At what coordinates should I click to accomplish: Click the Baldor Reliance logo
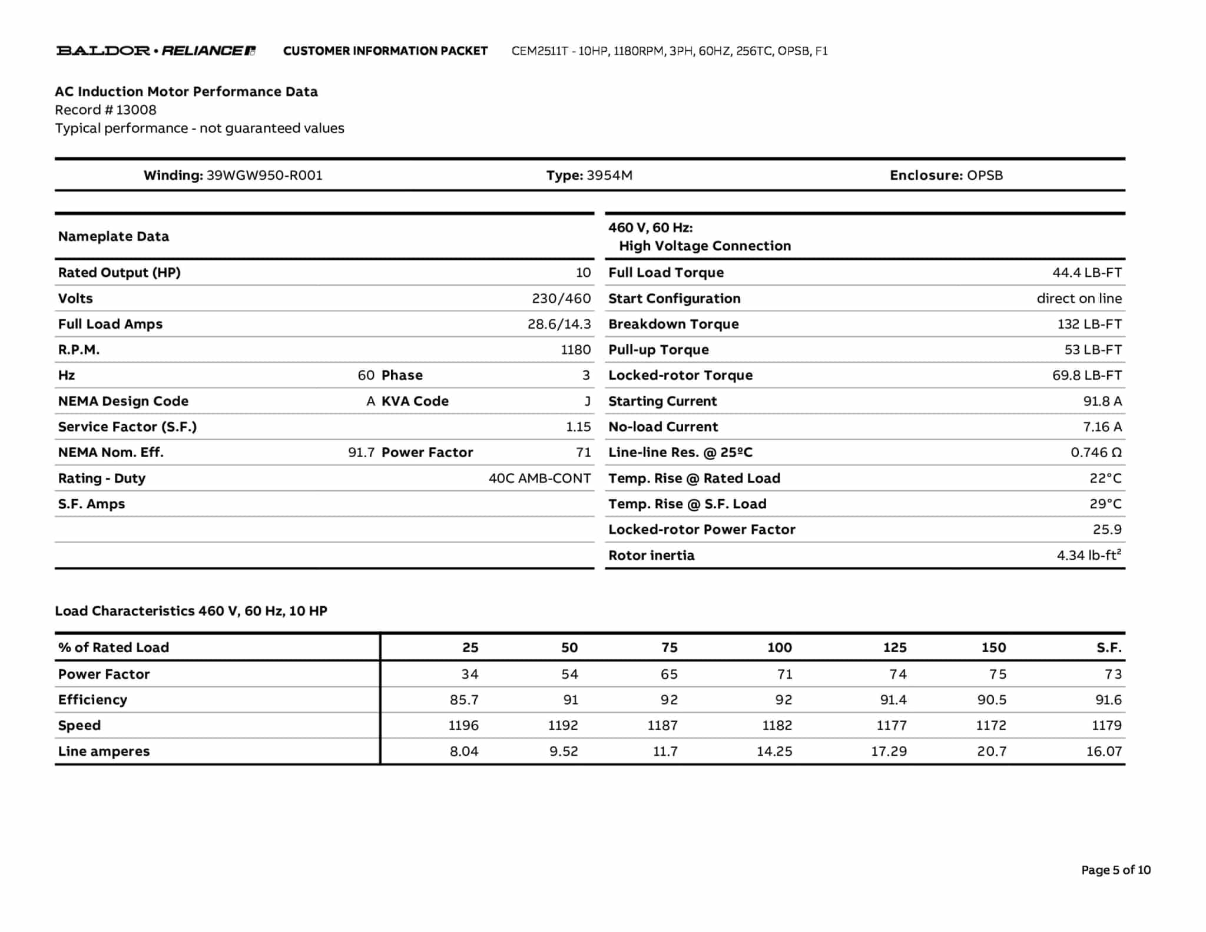point(155,51)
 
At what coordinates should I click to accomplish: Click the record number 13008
point(136,110)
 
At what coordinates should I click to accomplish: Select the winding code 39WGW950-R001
point(264,176)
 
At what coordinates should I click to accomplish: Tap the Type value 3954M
point(609,176)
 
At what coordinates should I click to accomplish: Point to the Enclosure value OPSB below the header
point(985,176)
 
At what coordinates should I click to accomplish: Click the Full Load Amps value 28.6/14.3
point(559,324)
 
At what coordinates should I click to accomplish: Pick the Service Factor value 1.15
point(578,427)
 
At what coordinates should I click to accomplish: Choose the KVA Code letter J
point(587,401)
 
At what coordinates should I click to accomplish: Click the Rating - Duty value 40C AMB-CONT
point(539,478)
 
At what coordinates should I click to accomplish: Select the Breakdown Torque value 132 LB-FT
point(1089,324)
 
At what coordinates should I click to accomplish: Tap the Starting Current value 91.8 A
point(1102,401)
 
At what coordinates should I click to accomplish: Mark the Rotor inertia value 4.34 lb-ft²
point(1089,556)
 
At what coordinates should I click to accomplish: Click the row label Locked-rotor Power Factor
point(701,530)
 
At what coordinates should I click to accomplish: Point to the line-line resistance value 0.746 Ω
point(1096,452)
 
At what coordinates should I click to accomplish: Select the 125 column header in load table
point(894,647)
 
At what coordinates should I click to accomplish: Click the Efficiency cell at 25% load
point(464,700)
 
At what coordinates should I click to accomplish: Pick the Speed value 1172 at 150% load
point(991,726)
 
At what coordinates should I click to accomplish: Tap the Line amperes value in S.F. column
point(1104,752)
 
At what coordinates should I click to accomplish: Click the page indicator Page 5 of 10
point(1115,870)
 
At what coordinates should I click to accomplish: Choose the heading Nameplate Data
point(114,237)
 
